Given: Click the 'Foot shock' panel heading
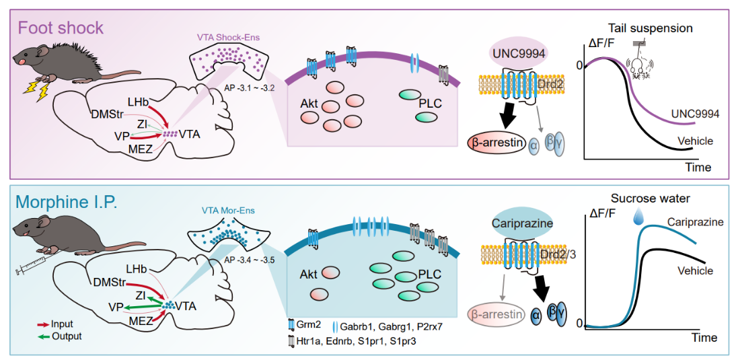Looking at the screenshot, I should point(61,28).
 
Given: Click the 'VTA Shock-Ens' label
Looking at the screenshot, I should point(227,37).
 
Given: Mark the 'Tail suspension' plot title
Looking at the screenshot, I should point(650,28).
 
